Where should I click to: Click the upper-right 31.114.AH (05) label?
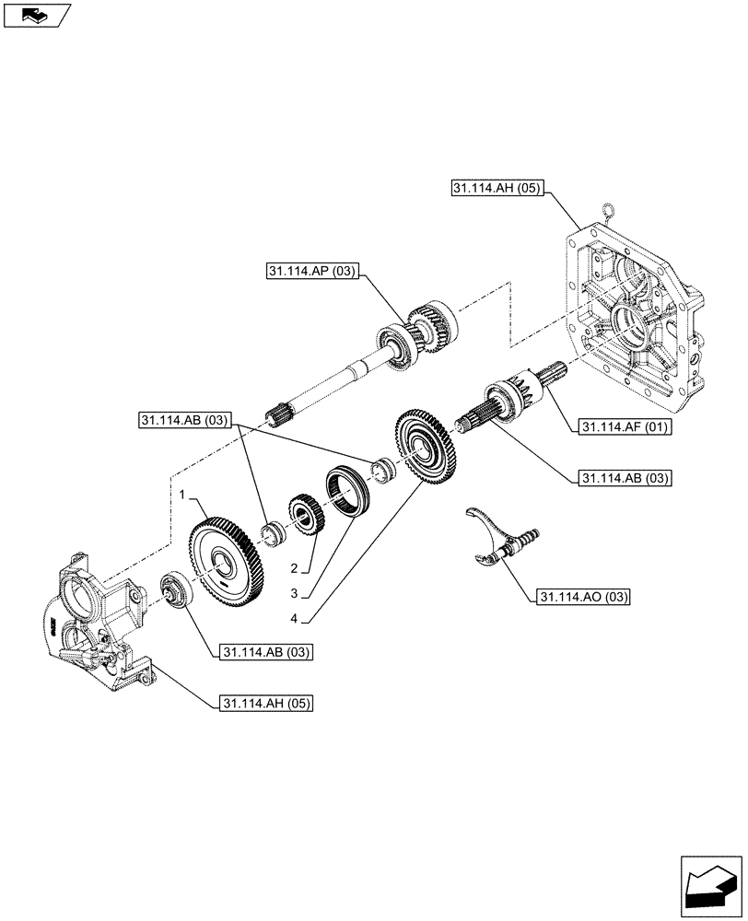(x=498, y=189)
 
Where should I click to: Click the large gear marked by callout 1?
(x=226, y=563)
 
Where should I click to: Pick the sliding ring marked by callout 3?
(x=347, y=493)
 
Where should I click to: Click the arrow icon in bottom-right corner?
(x=711, y=886)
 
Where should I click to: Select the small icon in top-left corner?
(x=36, y=15)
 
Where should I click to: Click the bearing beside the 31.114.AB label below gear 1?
(x=175, y=589)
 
